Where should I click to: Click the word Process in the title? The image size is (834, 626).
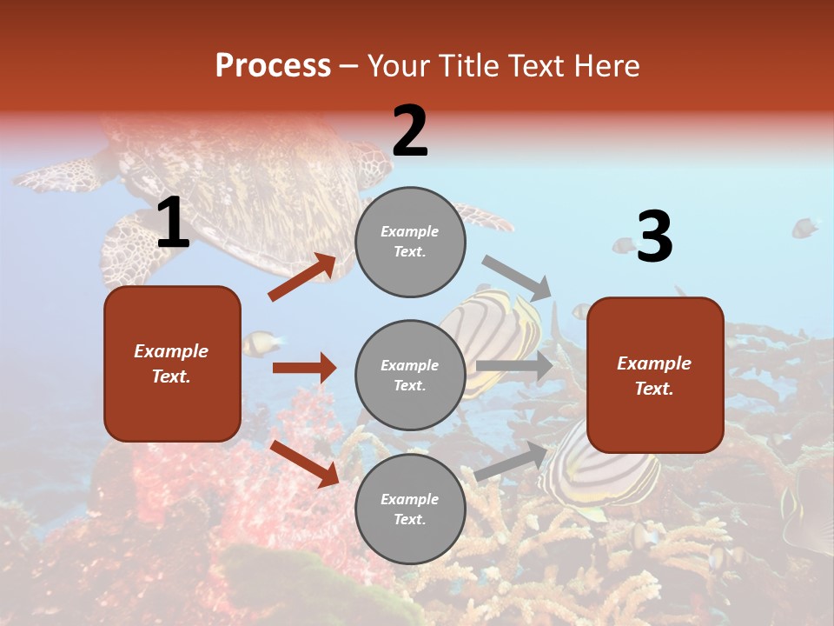click(273, 66)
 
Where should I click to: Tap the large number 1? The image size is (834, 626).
click(173, 223)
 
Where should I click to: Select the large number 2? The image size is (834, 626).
click(410, 131)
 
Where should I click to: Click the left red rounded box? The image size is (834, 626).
click(172, 363)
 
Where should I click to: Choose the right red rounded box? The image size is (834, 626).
click(655, 375)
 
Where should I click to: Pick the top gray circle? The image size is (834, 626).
click(410, 242)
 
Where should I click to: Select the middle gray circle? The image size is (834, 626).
click(410, 375)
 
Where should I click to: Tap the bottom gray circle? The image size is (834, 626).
click(410, 509)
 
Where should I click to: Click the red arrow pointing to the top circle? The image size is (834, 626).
click(302, 277)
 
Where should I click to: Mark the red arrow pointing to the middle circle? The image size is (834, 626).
click(304, 368)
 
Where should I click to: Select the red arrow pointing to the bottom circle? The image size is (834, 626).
click(304, 463)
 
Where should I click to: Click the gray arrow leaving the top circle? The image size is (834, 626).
click(517, 277)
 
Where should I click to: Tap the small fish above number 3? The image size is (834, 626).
click(804, 229)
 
